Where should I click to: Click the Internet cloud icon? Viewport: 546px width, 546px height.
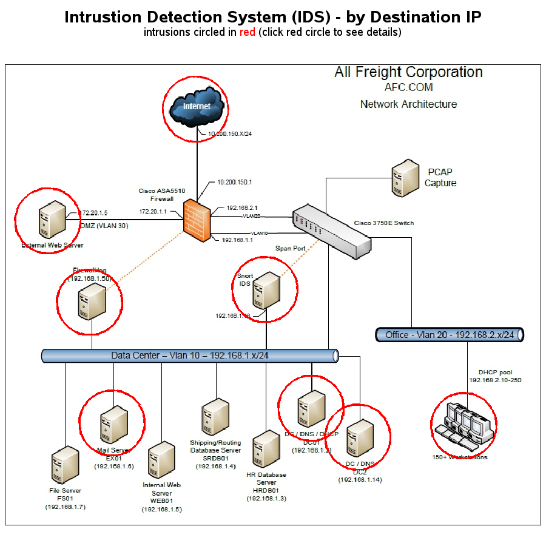click(x=197, y=107)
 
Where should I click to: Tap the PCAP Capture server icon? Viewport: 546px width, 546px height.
click(x=404, y=176)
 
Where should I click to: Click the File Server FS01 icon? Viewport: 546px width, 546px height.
click(x=65, y=465)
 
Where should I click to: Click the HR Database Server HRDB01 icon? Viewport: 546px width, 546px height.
click(x=266, y=450)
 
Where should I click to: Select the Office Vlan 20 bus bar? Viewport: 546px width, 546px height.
click(x=450, y=334)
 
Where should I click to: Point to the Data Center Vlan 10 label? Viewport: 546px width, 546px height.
click(x=190, y=356)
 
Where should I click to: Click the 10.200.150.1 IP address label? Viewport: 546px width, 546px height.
click(x=235, y=182)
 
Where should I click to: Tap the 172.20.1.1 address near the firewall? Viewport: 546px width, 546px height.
click(x=153, y=212)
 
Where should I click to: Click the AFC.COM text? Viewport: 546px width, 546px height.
click(x=408, y=87)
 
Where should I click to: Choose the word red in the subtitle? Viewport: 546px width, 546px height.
click(x=247, y=32)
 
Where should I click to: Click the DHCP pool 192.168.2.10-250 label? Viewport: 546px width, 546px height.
click(x=495, y=376)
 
